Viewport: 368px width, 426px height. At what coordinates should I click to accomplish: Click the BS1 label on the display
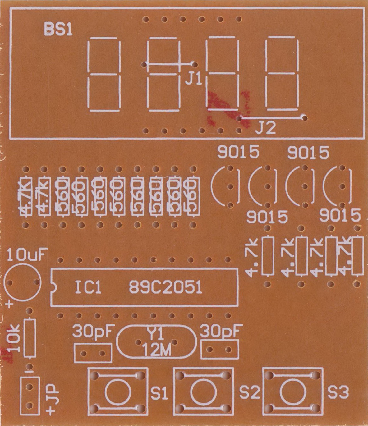(58, 30)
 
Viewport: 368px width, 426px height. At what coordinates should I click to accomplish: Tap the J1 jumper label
(194, 80)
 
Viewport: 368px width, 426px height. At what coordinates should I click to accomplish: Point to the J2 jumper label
(265, 128)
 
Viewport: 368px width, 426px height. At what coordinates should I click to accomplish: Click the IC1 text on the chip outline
(88, 288)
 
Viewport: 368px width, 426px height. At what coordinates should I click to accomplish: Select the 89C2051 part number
(165, 288)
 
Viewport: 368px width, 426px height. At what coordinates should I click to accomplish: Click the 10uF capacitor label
(28, 255)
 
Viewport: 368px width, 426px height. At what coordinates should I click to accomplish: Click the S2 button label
(249, 393)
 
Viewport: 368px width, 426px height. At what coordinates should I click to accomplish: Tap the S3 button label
(338, 393)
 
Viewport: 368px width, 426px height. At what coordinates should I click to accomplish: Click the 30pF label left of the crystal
(94, 332)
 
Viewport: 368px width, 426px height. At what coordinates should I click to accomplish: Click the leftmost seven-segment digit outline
(104, 74)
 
